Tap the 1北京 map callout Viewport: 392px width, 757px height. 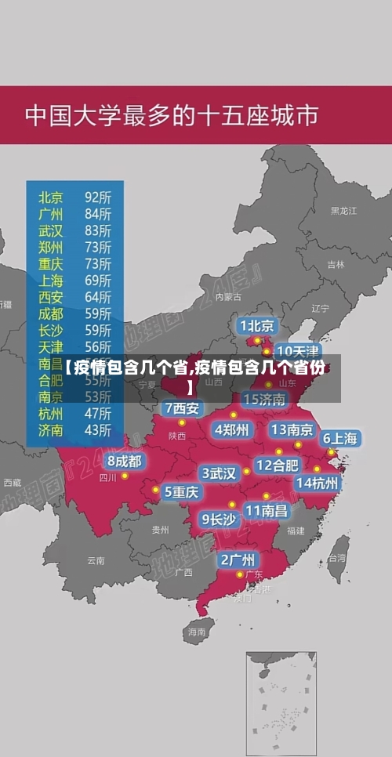click(257, 325)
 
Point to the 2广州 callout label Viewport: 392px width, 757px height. click(237, 560)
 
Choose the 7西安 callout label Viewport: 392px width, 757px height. click(182, 408)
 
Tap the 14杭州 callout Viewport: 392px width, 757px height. click(317, 484)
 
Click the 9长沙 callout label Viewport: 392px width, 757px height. click(219, 519)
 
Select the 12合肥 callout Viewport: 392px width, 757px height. click(278, 465)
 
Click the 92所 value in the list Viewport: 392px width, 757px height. click(98, 197)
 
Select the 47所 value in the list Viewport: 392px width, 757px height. click(98, 413)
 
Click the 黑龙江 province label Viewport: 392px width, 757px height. click(343, 211)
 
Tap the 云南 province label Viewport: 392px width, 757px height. click(96, 560)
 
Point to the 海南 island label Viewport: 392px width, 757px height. click(196, 631)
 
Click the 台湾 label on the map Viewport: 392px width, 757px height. click(336, 559)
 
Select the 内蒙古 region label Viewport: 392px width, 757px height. click(228, 297)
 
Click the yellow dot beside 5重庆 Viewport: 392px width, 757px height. click(156, 491)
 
